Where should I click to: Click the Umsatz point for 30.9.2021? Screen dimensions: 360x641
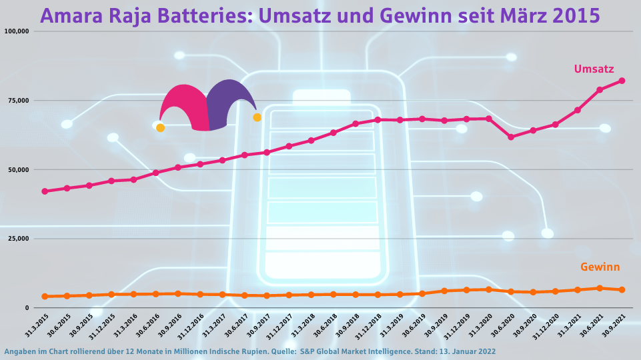[622, 81]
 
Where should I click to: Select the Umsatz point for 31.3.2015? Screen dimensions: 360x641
[45, 191]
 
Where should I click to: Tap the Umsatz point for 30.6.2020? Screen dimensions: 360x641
[511, 137]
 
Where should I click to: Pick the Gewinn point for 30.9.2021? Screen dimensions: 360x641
[622, 290]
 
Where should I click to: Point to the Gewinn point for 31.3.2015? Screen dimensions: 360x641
[45, 297]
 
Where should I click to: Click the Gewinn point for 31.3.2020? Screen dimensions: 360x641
[489, 289]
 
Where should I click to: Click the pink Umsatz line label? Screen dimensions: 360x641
[594, 69]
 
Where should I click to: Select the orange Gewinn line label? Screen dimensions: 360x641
[600, 267]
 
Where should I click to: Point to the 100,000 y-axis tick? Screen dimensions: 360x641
[17, 31]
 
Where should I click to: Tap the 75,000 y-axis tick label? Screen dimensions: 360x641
[19, 101]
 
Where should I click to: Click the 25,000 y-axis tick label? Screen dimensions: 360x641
[19, 239]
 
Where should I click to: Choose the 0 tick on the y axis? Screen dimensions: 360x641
[27, 308]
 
